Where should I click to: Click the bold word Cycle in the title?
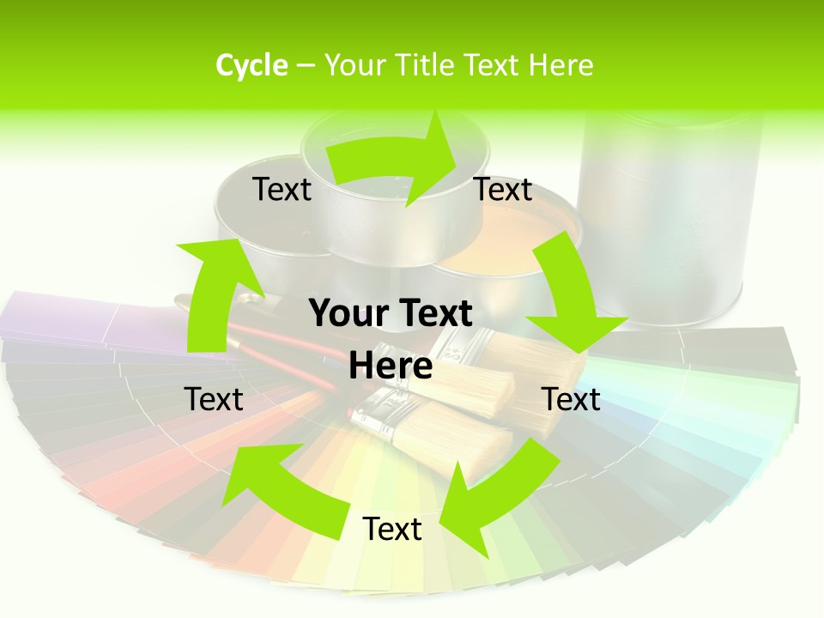pos(251,65)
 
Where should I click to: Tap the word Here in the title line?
pos(560,65)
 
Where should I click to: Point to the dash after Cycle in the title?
pos(306,66)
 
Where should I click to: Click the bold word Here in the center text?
pos(391,366)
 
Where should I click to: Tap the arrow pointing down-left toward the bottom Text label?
pos(498,489)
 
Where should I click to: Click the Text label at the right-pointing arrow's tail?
pos(282,189)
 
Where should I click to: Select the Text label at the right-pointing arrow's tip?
pos(503,189)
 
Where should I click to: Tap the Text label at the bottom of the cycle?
pos(391,529)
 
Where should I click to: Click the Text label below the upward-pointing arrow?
pos(214,399)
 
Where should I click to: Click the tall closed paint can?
pos(669,215)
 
